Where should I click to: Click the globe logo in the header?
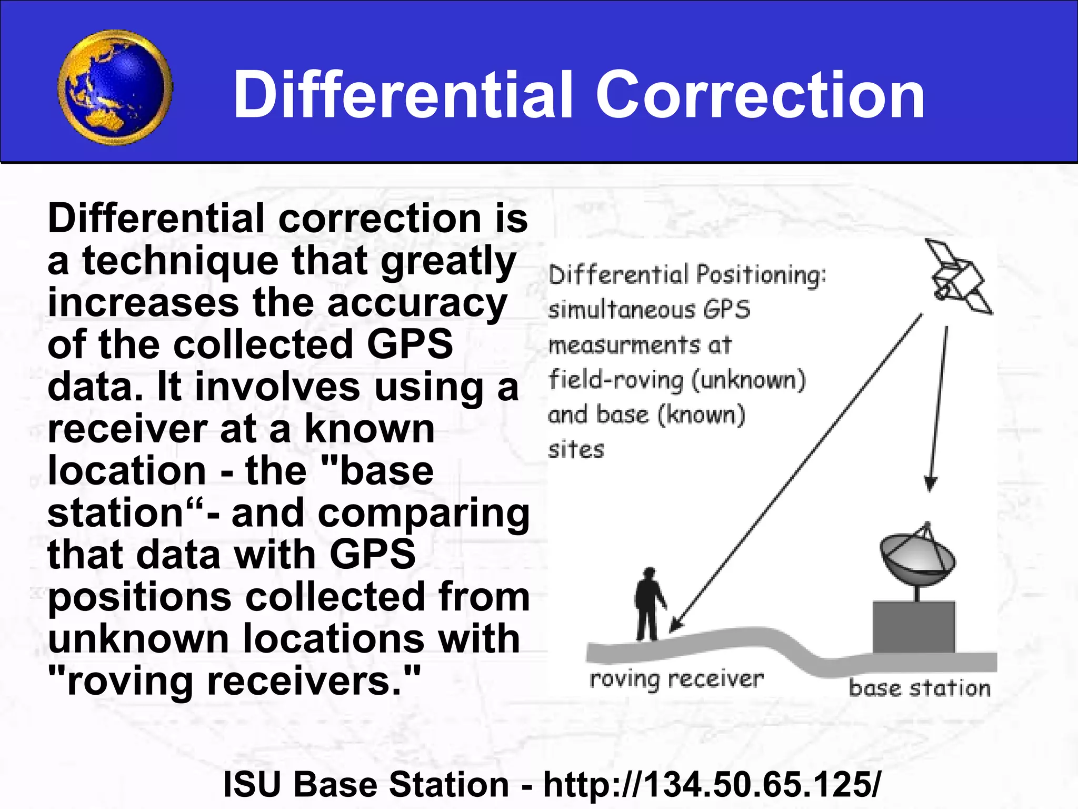coord(115,87)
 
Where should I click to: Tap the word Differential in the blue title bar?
coord(403,96)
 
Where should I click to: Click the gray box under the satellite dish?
coord(913,627)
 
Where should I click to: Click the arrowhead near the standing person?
coord(676,625)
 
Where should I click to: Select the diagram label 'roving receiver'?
coord(676,679)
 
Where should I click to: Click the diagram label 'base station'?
coord(919,688)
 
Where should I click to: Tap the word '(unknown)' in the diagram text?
coord(748,380)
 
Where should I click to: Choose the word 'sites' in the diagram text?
coord(576,450)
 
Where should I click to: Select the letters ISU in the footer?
coord(252,784)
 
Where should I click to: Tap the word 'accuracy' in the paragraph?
coord(417,304)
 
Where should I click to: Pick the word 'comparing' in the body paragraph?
coord(424,514)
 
